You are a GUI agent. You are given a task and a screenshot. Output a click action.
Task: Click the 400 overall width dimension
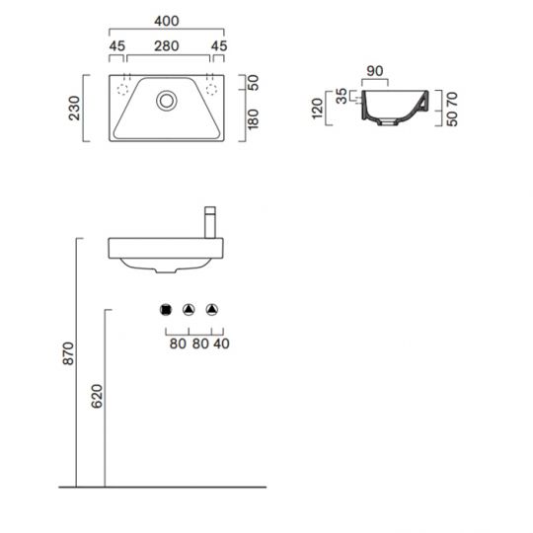coord(166,19)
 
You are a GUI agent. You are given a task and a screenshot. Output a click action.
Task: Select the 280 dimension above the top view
coord(166,45)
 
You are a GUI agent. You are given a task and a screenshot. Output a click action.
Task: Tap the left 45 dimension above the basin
coord(116,45)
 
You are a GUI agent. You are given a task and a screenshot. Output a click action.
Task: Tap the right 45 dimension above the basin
coord(218,45)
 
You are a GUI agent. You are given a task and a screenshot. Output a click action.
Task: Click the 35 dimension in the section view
coord(342,97)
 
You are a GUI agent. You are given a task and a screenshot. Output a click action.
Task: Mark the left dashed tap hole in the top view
coord(124,88)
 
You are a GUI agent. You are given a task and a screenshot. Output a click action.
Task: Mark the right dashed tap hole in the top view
coord(209,88)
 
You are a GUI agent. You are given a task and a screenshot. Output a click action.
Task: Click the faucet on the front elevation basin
coord(209,221)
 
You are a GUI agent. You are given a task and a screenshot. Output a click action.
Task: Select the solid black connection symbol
coord(166,310)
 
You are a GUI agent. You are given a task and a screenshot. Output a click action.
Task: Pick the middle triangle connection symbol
coord(190,310)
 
